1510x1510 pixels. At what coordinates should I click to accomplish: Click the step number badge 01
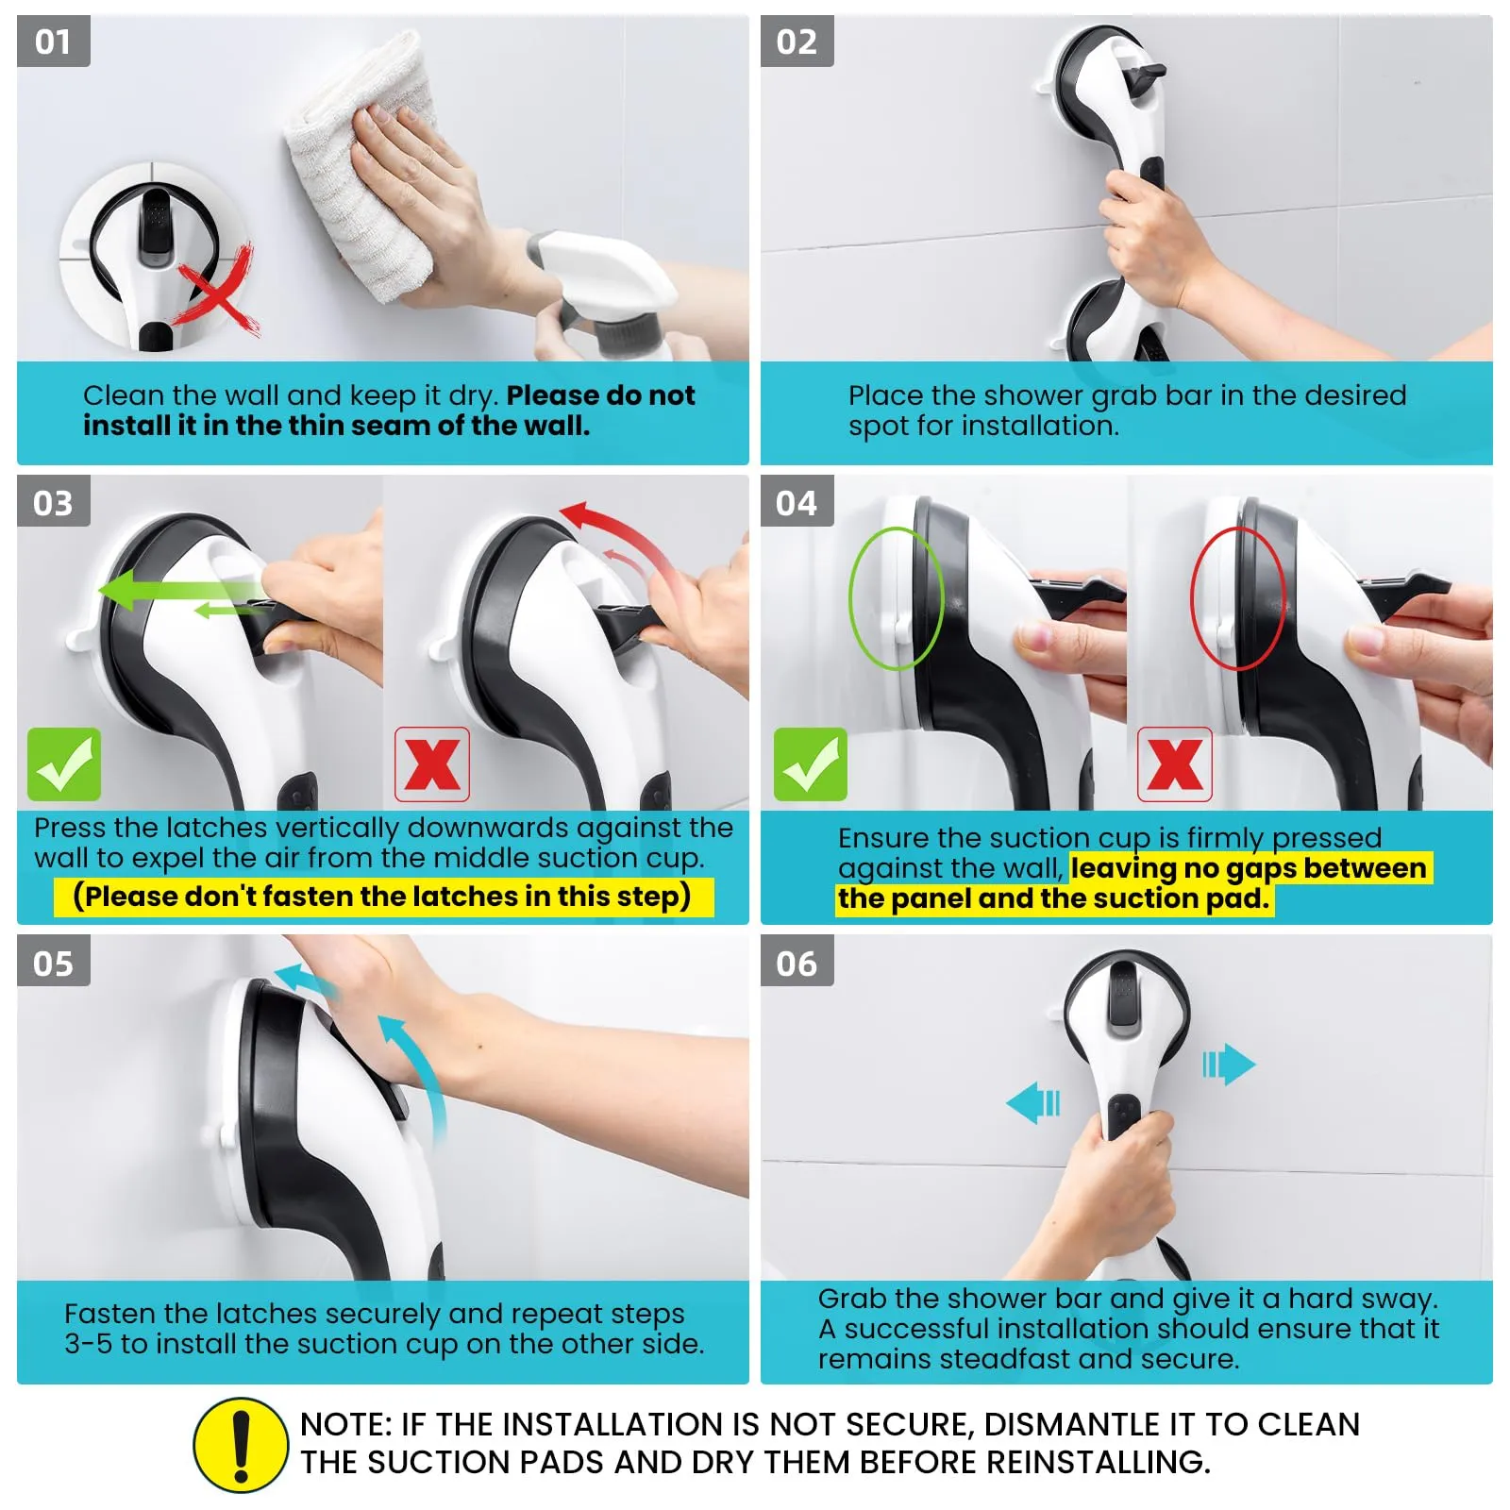point(54,42)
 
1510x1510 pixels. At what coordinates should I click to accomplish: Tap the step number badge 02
point(797,42)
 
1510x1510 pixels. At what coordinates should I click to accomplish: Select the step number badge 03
point(54,502)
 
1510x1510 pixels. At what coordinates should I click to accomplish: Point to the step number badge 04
point(797,502)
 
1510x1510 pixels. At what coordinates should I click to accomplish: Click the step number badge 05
point(54,963)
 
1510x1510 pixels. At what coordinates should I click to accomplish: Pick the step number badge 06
point(797,963)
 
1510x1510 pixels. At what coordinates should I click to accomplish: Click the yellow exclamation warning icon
point(241,1445)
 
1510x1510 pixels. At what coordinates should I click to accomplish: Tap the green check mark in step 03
point(64,764)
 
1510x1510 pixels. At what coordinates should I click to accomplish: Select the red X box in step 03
point(432,764)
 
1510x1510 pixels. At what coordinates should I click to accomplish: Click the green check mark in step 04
point(811,764)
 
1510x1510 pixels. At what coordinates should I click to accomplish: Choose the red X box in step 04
point(1175,764)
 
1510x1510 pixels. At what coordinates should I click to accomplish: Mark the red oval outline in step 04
point(1192,598)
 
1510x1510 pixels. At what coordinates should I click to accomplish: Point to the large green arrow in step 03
point(179,592)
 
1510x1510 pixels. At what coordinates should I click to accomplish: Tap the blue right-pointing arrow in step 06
point(1229,1065)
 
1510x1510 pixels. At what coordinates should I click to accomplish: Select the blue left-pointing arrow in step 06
point(1033,1102)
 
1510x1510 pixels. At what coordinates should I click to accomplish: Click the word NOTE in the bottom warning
point(345,1424)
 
